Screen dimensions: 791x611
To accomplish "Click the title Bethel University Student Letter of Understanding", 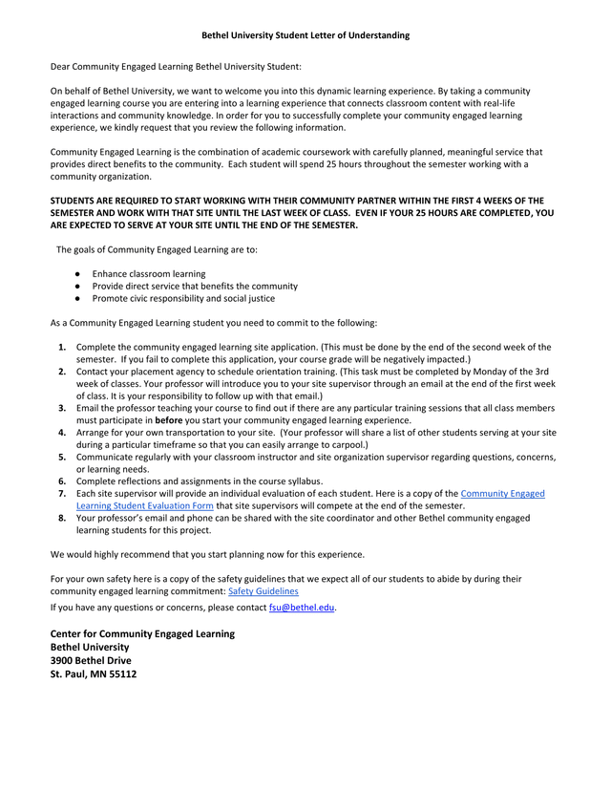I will [x=305, y=35].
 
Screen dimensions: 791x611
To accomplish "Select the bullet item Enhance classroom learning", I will [x=148, y=273].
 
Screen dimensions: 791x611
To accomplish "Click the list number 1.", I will [x=61, y=347].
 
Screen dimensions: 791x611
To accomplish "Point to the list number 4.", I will [x=61, y=432].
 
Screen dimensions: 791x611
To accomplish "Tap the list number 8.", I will [x=61, y=517].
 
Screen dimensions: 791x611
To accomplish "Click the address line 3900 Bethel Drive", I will [x=91, y=660].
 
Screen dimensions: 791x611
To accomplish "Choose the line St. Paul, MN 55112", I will [x=93, y=673].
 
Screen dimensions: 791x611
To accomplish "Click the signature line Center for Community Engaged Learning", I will [x=141, y=633].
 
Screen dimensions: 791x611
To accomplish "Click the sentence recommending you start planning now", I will [x=207, y=554].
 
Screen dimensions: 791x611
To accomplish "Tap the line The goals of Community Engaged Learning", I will [x=156, y=249].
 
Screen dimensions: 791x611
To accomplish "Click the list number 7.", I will [x=61, y=493].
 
